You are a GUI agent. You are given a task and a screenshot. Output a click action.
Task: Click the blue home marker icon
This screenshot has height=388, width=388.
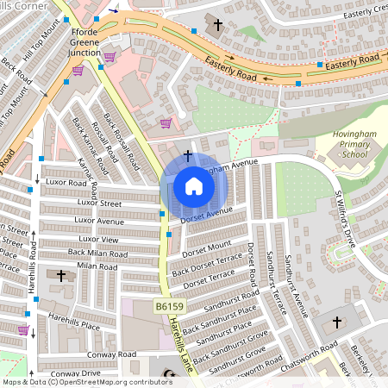(194, 186)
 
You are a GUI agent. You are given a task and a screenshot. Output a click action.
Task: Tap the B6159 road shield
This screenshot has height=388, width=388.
(170, 307)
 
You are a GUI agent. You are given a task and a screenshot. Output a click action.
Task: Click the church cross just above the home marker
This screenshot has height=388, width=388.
(188, 156)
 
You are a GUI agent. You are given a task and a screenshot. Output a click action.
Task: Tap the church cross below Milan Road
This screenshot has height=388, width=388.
(60, 276)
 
